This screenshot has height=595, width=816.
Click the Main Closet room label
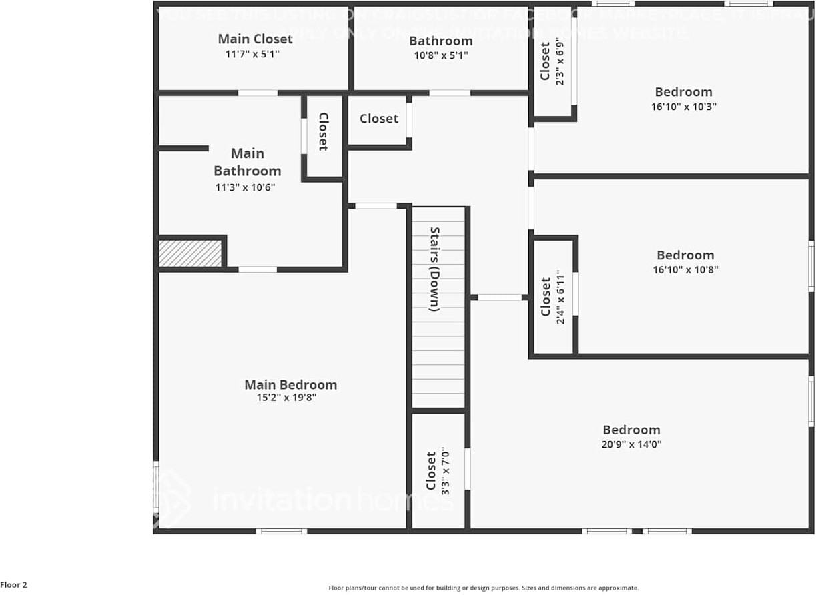255,39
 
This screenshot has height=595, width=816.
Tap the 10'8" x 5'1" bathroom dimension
441,55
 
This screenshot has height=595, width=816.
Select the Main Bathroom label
248,162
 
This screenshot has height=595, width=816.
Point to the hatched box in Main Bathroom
190,253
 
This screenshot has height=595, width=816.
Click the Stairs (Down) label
434,269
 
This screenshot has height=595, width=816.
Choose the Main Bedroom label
290,384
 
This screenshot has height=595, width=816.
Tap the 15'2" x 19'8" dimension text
286,398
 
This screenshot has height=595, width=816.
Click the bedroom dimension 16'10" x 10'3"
683,107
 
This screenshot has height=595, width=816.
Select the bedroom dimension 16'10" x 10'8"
685,270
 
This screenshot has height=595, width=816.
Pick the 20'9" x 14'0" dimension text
631,444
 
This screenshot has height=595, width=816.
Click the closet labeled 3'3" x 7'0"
438,471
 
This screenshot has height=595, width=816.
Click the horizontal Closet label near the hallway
378,119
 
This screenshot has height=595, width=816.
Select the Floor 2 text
14,585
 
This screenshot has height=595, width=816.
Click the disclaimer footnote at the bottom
483,588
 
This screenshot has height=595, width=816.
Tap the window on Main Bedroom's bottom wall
281,531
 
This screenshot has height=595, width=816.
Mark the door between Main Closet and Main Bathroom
258,93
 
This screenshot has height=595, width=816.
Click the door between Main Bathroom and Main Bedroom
258,269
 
